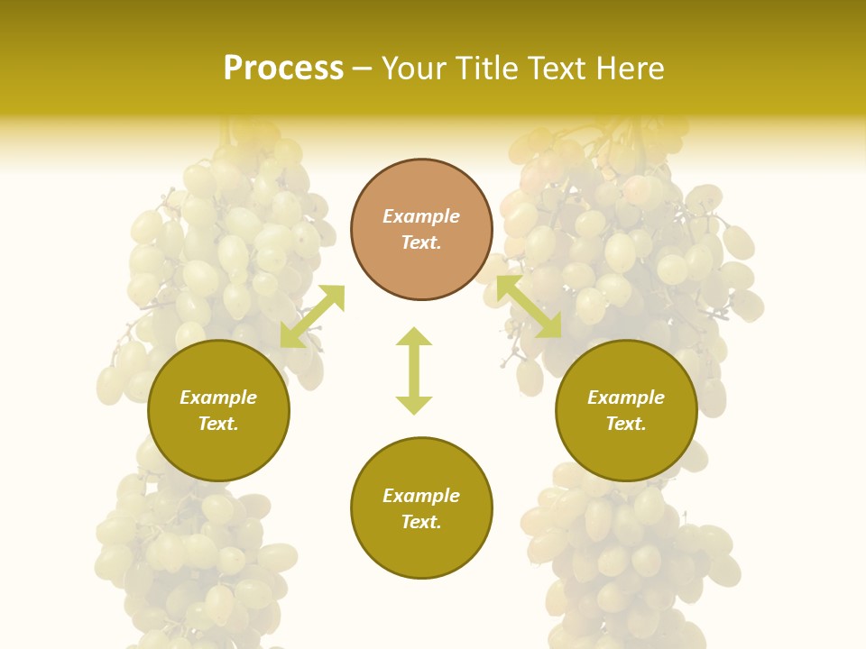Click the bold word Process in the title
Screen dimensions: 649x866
click(283, 69)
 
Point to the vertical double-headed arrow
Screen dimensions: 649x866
click(414, 370)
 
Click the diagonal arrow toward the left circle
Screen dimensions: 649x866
click(312, 315)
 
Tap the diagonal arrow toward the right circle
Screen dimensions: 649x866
click(530, 306)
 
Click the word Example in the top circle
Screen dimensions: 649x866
click(421, 216)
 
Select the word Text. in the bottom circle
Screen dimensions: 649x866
click(421, 522)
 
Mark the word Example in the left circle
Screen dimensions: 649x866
click(218, 398)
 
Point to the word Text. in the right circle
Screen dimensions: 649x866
click(626, 424)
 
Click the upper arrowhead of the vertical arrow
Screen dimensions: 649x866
click(414, 336)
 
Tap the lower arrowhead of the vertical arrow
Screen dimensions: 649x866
click(414, 405)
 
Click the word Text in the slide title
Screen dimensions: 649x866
click(555, 69)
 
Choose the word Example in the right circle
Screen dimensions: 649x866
click(626, 398)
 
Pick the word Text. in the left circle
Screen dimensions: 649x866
click(218, 424)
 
